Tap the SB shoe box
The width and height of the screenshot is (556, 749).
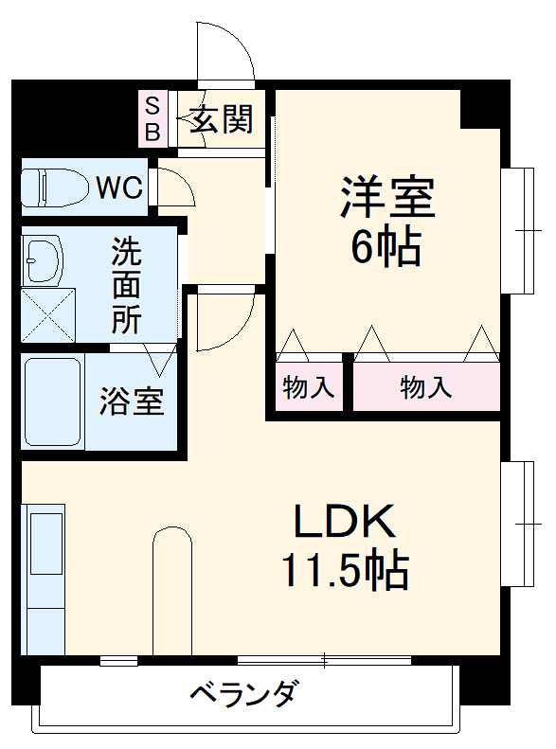pyautogui.click(x=152, y=117)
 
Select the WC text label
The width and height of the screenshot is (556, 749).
pyautogui.click(x=119, y=187)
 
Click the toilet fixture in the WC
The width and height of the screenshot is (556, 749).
pyautogui.click(x=53, y=187)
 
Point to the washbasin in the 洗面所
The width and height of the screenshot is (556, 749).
pyautogui.click(x=44, y=259)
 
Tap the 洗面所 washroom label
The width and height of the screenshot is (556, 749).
pyautogui.click(x=126, y=286)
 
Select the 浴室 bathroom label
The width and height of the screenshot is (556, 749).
pyautogui.click(x=132, y=401)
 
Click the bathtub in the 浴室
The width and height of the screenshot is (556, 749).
pyautogui.click(x=53, y=401)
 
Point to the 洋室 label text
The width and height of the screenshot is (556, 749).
pyautogui.click(x=386, y=196)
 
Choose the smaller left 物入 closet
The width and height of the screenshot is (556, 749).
pyautogui.click(x=309, y=387)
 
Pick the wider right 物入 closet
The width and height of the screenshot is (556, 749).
pyautogui.click(x=425, y=387)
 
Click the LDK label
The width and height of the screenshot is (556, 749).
pyautogui.click(x=343, y=521)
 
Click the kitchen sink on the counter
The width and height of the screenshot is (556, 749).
pyautogui.click(x=45, y=541)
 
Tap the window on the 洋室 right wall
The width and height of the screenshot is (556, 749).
pyautogui.click(x=518, y=229)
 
